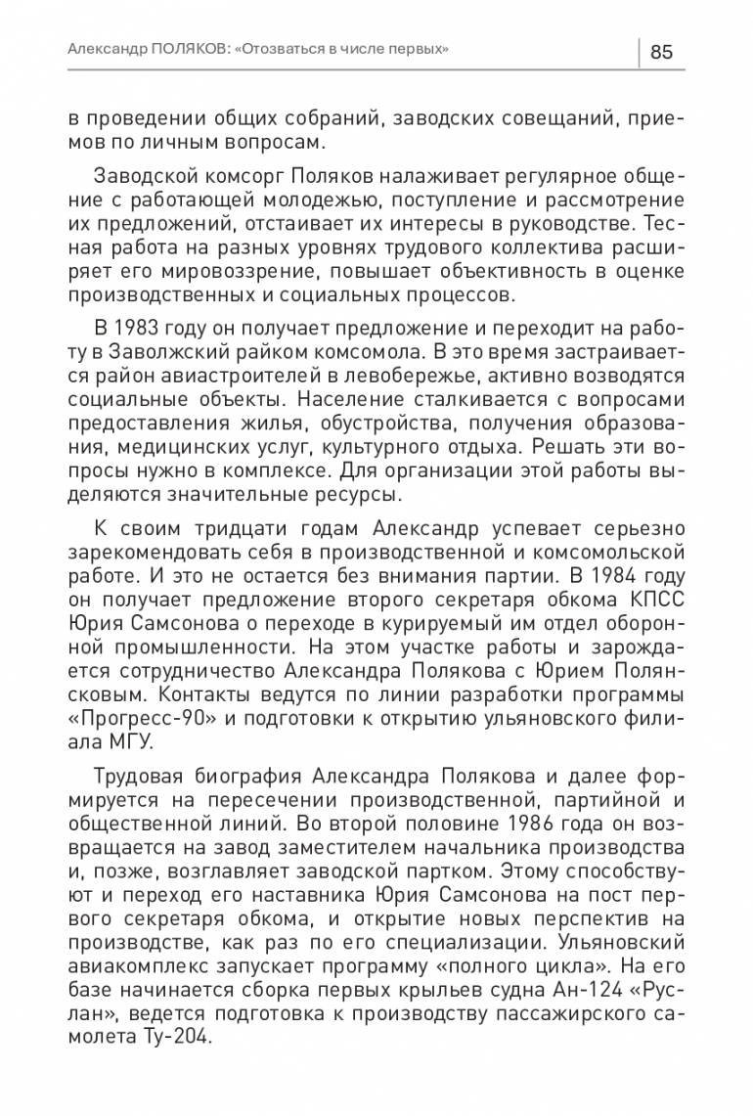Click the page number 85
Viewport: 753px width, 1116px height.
[x=661, y=52]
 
